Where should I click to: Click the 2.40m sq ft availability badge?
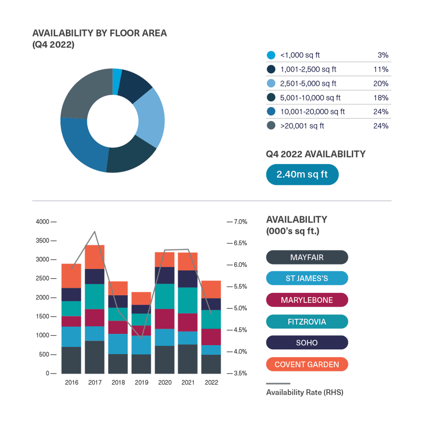[302, 174]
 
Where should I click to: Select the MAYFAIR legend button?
[307, 257]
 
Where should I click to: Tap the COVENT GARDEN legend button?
[307, 365]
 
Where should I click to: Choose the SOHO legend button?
[307, 343]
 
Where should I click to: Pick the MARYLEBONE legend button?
[307, 300]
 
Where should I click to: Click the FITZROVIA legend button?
[307, 322]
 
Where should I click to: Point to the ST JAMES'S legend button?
[307, 279]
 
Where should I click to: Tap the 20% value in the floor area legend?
[381, 83]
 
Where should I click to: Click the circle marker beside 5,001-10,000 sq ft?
[271, 98]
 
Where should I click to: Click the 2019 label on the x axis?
[141, 383]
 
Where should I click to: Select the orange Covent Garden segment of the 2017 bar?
[95, 257]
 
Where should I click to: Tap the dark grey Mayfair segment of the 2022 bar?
[211, 364]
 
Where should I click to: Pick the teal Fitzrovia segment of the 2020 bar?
[165, 296]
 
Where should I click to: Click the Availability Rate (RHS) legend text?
[304, 392]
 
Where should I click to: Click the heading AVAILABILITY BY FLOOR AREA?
[100, 34]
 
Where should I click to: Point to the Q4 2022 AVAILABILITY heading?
[315, 154]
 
